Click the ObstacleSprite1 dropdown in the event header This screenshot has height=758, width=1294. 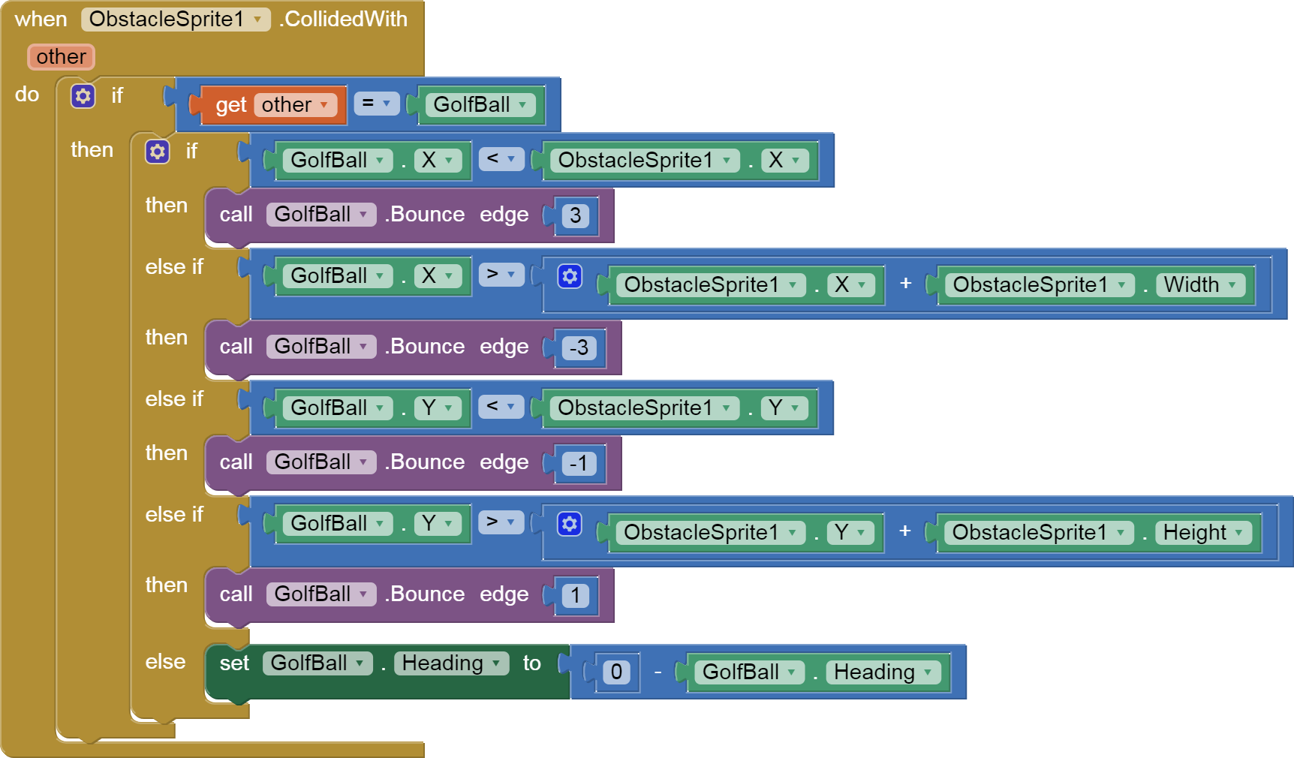[175, 20]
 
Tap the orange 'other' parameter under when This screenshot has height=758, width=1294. [61, 57]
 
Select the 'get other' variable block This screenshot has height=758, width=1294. [230, 105]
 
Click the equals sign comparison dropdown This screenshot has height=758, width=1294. [376, 104]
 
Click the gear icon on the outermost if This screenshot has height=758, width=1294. [83, 96]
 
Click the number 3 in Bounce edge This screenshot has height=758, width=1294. [576, 216]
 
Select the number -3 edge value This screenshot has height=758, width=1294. [579, 348]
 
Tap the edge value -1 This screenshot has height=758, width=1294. [579, 464]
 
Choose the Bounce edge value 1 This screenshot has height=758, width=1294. [576, 596]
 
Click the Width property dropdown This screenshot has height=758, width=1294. [1199, 285]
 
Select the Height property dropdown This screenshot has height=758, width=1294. [1203, 533]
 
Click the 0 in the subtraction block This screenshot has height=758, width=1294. [616, 672]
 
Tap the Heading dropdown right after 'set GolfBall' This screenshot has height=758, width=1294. [451, 663]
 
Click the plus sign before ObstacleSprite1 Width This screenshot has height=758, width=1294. [906, 284]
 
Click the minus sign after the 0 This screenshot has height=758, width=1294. [658, 672]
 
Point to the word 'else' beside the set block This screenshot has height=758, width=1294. [165, 662]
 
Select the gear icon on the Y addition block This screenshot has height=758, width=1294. [570, 524]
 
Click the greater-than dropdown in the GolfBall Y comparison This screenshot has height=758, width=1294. [501, 522]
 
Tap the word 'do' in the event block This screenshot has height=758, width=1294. [27, 95]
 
